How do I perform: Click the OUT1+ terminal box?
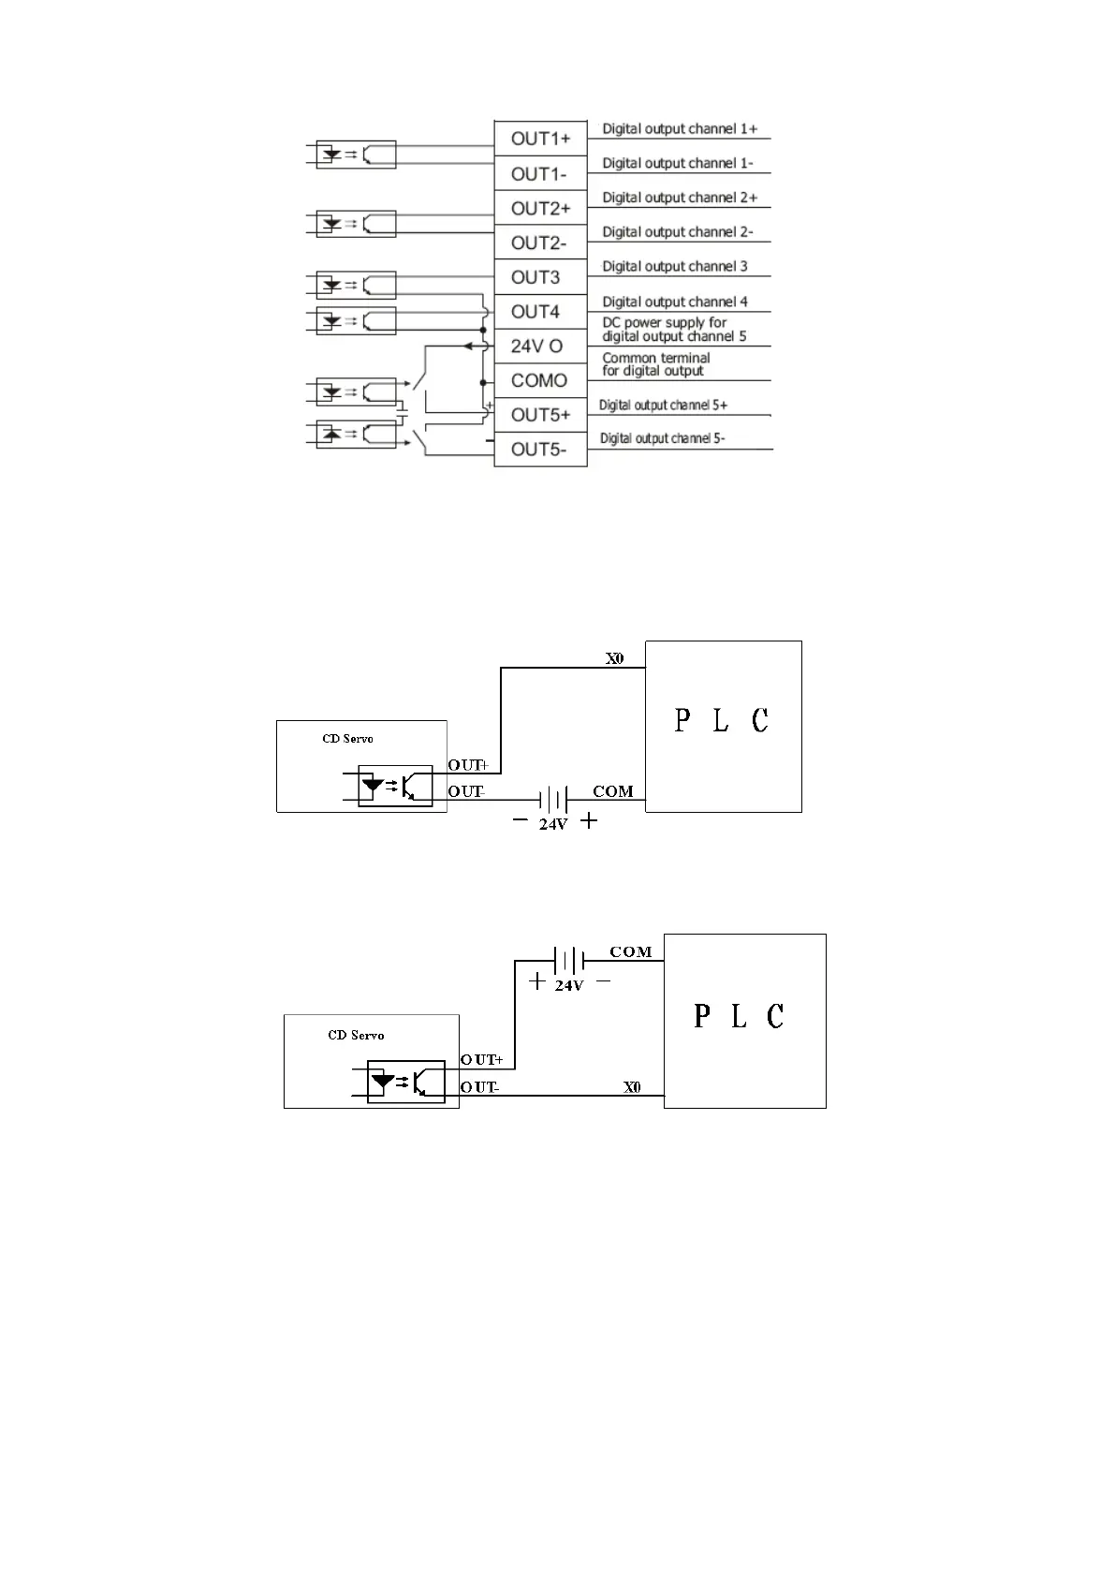540,139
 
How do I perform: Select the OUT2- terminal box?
540,243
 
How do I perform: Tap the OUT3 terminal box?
540,277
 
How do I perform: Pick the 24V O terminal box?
540,346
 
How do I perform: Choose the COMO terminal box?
540,380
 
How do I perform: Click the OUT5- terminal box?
540,450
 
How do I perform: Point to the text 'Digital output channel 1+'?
680,129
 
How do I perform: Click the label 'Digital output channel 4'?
675,302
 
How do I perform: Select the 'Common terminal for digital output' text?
656,364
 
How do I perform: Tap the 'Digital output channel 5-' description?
662,438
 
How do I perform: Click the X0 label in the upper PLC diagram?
614,658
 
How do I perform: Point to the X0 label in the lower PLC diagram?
633,1087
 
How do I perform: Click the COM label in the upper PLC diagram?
613,791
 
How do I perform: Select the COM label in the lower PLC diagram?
631,952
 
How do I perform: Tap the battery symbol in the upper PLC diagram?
554,800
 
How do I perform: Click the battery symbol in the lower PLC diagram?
569,961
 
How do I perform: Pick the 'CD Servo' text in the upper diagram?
347,739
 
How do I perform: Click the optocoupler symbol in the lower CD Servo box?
405,1082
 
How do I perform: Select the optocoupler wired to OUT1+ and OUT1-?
357,155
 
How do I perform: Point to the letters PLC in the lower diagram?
739,1016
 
